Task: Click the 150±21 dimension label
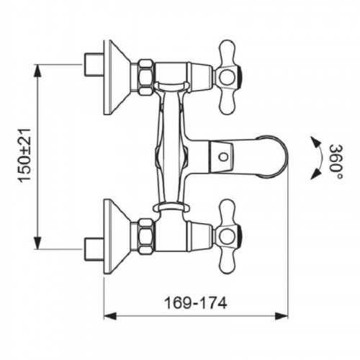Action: pyautogui.click(x=25, y=156)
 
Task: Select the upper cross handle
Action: pyautogui.click(x=228, y=77)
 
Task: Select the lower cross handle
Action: pyautogui.click(x=228, y=237)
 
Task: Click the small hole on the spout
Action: pyautogui.click(x=224, y=157)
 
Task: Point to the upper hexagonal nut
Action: pyautogui.click(x=147, y=77)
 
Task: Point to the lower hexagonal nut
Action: pyautogui.click(x=147, y=236)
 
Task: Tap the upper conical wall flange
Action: pyautogui.click(x=117, y=77)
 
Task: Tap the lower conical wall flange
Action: pyautogui.click(x=117, y=237)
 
